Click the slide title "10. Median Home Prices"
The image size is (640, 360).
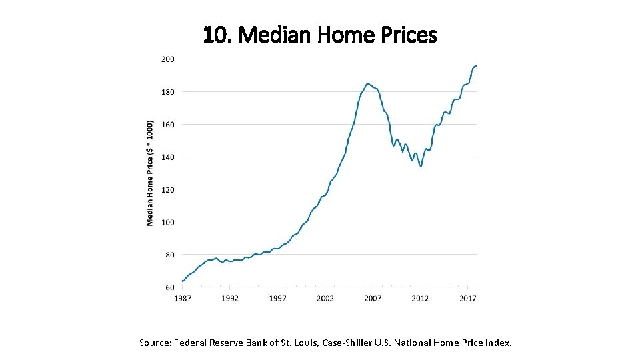pyautogui.click(x=320, y=34)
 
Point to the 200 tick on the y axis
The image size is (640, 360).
pyautogui.click(x=167, y=59)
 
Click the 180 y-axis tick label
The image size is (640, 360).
pyautogui.click(x=167, y=91)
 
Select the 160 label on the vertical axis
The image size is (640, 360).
pyautogui.click(x=167, y=124)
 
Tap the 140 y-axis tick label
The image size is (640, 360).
pyautogui.click(x=167, y=157)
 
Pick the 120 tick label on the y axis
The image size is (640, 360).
pyautogui.click(x=167, y=189)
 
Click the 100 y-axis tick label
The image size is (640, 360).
pyautogui.click(x=167, y=222)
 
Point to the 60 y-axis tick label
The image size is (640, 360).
pyautogui.click(x=169, y=287)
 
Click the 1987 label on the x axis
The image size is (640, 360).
pyautogui.click(x=183, y=299)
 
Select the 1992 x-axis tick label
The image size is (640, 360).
pyautogui.click(x=230, y=299)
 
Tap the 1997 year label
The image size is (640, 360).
pyautogui.click(x=278, y=299)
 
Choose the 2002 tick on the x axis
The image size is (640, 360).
pyautogui.click(x=325, y=299)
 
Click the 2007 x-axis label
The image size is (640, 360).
pyautogui.click(x=373, y=299)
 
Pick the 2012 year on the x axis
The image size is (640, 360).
pyautogui.click(x=420, y=299)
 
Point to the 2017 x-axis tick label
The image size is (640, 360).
pyautogui.click(x=467, y=299)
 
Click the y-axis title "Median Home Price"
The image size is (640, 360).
pyautogui.click(x=150, y=173)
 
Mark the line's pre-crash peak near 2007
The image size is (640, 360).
pyautogui.click(x=368, y=84)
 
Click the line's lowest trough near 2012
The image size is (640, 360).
pyautogui.click(x=421, y=166)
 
